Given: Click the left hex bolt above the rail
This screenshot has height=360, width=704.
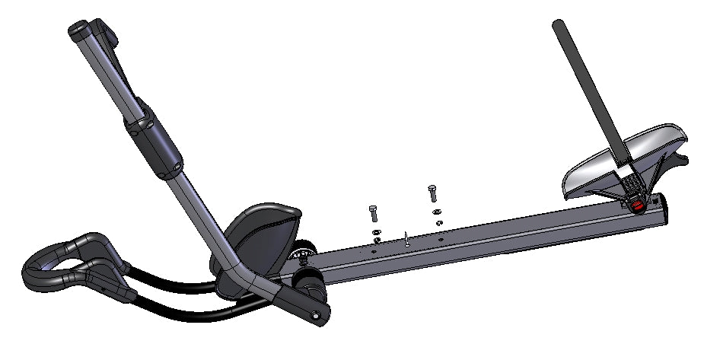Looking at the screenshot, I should click(374, 213).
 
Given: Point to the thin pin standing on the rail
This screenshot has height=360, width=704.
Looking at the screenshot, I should click(408, 240).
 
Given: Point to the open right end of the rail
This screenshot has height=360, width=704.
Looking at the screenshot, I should click(659, 209).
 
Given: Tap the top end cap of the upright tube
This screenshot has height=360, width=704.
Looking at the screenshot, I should click(79, 30).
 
